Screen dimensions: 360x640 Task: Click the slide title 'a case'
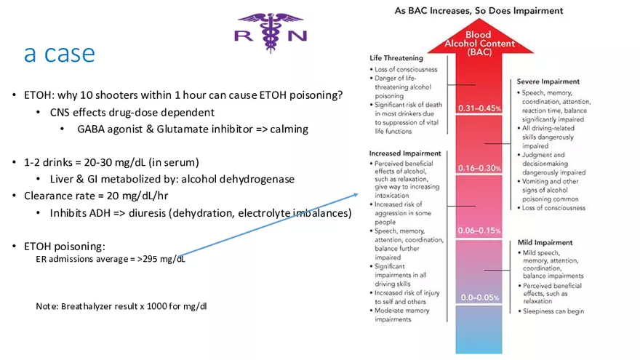tap(59, 53)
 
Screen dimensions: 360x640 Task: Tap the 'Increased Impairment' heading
tap(405, 153)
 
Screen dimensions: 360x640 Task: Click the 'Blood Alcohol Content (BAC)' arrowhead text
tap(478, 44)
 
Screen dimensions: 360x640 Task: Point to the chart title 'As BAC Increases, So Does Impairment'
tap(479, 11)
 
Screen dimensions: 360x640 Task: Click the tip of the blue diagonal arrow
tap(358, 193)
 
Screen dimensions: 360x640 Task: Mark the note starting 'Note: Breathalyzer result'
tap(121, 305)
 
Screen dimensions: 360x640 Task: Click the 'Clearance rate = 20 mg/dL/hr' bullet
tap(97, 196)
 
